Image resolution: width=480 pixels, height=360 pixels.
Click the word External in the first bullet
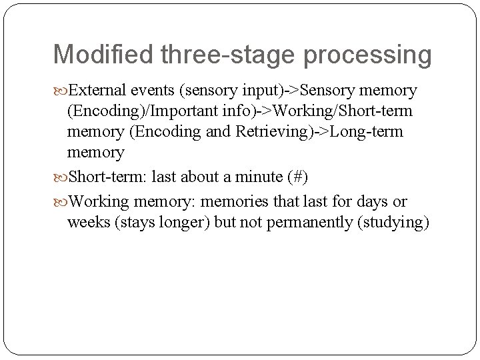pyautogui.click(x=97, y=90)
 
